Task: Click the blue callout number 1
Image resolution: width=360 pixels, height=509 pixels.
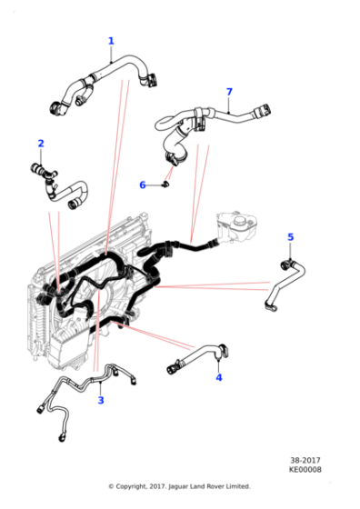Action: point(111,41)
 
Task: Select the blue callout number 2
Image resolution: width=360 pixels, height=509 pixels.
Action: point(40,143)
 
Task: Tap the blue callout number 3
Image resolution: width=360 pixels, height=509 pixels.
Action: point(100,400)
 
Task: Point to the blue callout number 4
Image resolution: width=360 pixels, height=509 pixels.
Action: point(218,377)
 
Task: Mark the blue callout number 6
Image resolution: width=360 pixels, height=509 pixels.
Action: point(142,185)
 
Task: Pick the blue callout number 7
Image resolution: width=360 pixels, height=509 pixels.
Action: point(229,92)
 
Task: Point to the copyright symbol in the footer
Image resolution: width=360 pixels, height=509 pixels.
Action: point(111,486)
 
